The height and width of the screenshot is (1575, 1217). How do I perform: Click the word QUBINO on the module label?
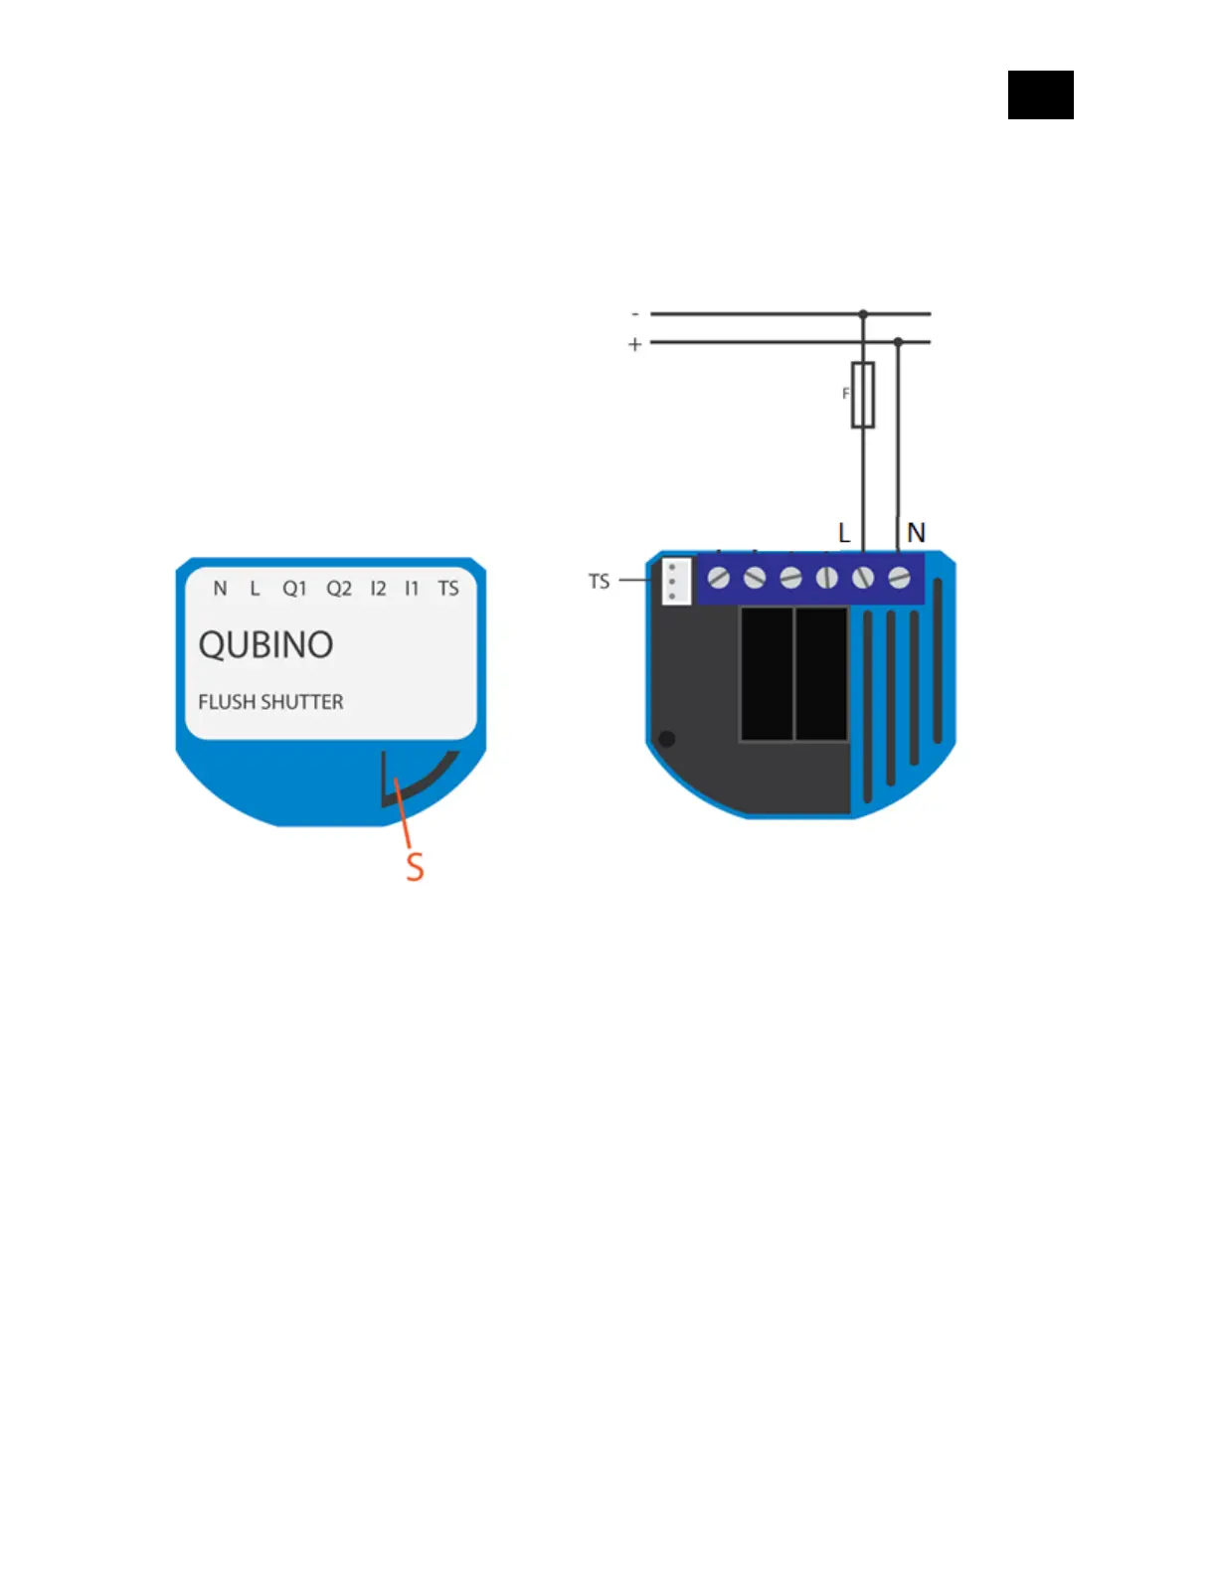pos(265,645)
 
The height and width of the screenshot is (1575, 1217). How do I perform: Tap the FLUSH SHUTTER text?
pos(270,702)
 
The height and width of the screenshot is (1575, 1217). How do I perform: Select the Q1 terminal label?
pos(294,589)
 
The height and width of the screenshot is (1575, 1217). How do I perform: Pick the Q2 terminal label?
pos(339,589)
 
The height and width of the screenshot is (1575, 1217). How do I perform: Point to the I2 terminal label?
pos(378,589)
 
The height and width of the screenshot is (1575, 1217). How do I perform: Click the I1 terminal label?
pos(412,589)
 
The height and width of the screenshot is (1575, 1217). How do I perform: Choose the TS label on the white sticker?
pos(448,589)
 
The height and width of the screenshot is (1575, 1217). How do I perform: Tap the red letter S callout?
pos(416,867)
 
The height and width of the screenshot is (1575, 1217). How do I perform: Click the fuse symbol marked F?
pos(863,395)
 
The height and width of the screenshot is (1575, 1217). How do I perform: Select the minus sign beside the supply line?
pos(635,314)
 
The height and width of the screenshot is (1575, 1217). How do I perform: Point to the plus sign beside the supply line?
pos(635,345)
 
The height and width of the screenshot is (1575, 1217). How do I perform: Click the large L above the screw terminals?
pos(844,534)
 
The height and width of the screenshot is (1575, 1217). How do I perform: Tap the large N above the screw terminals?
pos(916,534)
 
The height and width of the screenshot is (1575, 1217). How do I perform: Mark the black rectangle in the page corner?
pos(1040,95)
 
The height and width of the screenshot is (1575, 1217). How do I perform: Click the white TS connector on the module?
pos(676,582)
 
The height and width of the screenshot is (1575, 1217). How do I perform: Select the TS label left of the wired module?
pos(599,582)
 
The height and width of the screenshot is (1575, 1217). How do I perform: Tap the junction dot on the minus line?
pos(863,314)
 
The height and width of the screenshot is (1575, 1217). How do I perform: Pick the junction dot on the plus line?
pos(898,342)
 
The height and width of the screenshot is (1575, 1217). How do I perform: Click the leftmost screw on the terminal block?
pos(719,578)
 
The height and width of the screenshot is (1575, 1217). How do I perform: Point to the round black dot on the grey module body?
pos(667,739)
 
